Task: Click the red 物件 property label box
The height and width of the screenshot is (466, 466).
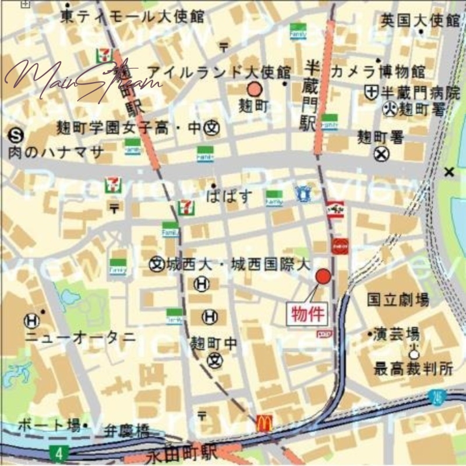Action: click(x=306, y=313)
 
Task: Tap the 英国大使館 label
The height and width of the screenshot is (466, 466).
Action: click(x=421, y=22)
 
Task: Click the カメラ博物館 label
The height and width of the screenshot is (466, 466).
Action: click(x=378, y=72)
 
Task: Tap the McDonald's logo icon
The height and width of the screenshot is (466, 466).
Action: click(x=264, y=424)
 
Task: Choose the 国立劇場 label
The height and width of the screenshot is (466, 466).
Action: click(x=398, y=300)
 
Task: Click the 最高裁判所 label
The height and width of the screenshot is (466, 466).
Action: click(x=405, y=368)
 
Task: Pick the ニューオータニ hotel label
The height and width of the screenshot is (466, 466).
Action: click(x=80, y=337)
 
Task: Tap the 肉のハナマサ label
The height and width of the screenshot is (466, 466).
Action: click(x=57, y=153)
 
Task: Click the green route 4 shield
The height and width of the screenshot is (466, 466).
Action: click(x=57, y=452)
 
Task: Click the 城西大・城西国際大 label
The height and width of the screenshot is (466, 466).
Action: click(x=237, y=264)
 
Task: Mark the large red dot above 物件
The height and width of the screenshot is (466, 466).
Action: click(x=323, y=276)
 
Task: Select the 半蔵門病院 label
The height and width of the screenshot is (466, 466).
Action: click(x=420, y=92)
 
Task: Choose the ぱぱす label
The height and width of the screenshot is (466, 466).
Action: click(x=230, y=196)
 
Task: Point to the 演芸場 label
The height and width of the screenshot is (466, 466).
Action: click(x=397, y=334)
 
